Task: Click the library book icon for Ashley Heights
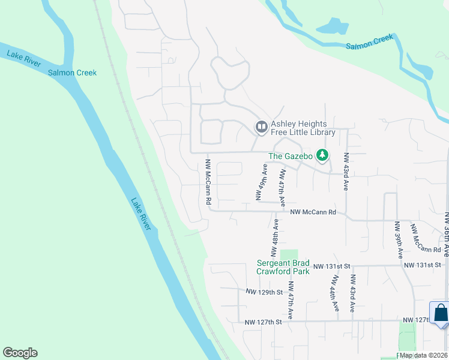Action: [261, 127]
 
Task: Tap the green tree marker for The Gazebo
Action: [323, 155]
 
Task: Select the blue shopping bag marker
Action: [441, 313]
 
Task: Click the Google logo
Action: [20, 353]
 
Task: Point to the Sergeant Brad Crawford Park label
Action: [283, 267]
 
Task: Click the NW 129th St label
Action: [264, 292]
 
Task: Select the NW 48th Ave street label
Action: [274, 239]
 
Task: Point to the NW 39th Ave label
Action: [397, 240]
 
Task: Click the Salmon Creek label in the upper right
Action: [370, 41]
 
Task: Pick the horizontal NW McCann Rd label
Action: [313, 212]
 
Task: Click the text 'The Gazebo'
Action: [291, 156]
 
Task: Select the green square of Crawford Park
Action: [289, 254]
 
